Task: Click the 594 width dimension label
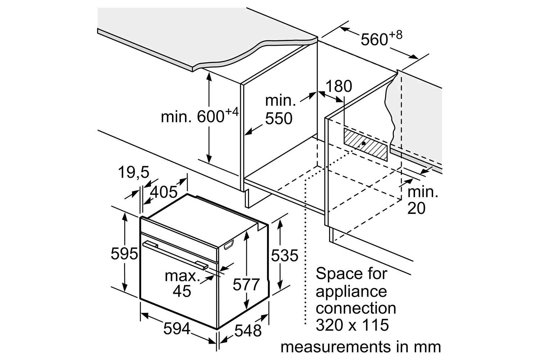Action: click(177, 328)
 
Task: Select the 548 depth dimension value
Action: click(248, 330)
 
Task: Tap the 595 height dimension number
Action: click(124, 254)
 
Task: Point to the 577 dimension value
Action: click(246, 284)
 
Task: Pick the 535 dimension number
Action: click(285, 256)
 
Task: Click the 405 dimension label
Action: click(164, 192)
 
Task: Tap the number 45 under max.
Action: click(182, 291)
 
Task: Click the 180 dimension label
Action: click(339, 86)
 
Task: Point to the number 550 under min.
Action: click(279, 118)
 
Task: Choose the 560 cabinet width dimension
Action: click(374, 40)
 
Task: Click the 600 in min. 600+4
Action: click(211, 117)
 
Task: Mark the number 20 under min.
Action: click(416, 208)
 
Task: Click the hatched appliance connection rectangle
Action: click(365, 144)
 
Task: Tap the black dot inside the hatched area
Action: click(364, 143)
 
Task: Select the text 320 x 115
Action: click(352, 325)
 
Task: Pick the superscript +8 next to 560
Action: click(396, 35)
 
